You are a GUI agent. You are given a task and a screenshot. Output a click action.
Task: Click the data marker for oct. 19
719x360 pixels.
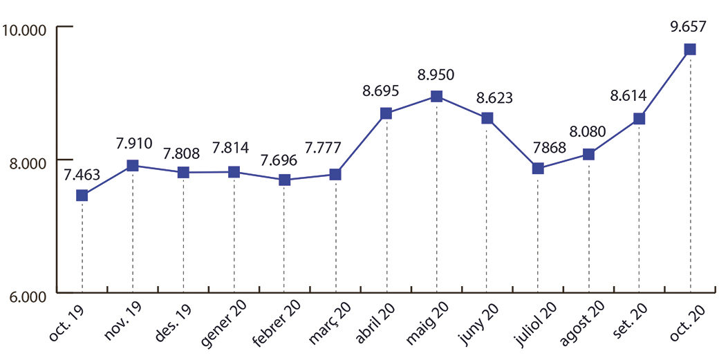click(82, 196)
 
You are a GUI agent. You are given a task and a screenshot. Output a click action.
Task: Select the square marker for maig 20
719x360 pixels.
click(436, 96)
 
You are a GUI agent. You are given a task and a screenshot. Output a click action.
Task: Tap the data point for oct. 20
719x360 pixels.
click(690, 49)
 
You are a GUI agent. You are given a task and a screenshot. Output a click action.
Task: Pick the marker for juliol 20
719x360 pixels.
click(537, 169)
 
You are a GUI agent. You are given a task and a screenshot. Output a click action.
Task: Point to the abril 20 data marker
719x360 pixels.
click(386, 113)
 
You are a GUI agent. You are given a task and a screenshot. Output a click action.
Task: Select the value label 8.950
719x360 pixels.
click(436, 74)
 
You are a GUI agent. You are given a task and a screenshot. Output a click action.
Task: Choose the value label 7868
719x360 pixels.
click(536, 147)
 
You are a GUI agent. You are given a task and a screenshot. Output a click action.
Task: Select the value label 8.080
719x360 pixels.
click(588, 132)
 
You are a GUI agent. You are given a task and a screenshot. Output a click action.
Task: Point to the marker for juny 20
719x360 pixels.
click(487, 118)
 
